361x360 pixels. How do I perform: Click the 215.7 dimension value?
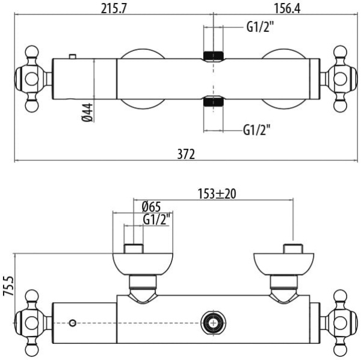click(x=113, y=7)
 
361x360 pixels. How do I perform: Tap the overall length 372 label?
click(x=186, y=154)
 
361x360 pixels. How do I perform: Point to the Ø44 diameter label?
click(x=87, y=112)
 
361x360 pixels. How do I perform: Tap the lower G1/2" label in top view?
click(x=257, y=129)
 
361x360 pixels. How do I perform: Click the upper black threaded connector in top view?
click(x=213, y=57)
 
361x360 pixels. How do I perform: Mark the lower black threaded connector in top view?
click(x=213, y=101)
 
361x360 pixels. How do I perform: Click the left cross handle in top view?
click(x=32, y=79)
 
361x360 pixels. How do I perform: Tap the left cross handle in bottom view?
click(x=32, y=323)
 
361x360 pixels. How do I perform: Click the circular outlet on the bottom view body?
click(x=211, y=323)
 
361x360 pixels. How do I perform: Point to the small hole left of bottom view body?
click(x=73, y=323)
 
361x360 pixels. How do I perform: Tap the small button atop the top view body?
click(x=73, y=57)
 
